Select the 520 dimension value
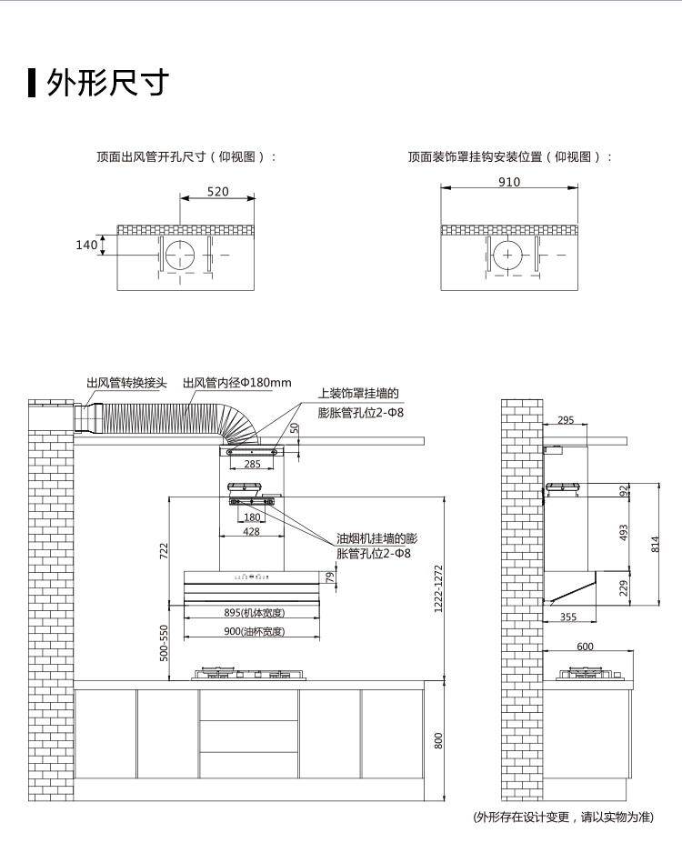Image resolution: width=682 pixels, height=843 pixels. [x=218, y=192]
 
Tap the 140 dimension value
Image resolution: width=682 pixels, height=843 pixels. [x=85, y=245]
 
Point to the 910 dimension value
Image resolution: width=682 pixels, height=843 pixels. [x=509, y=182]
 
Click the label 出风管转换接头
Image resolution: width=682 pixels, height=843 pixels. [x=126, y=383]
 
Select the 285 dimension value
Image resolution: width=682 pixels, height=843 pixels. [x=252, y=465]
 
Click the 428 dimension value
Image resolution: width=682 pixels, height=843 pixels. [x=252, y=532]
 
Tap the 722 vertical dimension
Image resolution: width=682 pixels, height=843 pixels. [x=165, y=550]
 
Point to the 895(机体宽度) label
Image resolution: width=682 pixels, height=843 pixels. [x=255, y=612]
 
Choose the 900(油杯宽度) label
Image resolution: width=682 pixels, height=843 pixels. [x=255, y=631]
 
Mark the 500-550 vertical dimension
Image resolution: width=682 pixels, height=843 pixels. [x=165, y=643]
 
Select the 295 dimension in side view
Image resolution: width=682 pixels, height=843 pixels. [x=566, y=420]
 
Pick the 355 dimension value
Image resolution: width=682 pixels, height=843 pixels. [x=567, y=617]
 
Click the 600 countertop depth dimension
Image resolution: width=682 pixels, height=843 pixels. [x=585, y=647]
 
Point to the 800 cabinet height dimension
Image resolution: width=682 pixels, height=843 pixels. [x=438, y=740]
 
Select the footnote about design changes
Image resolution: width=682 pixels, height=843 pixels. [x=563, y=817]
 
